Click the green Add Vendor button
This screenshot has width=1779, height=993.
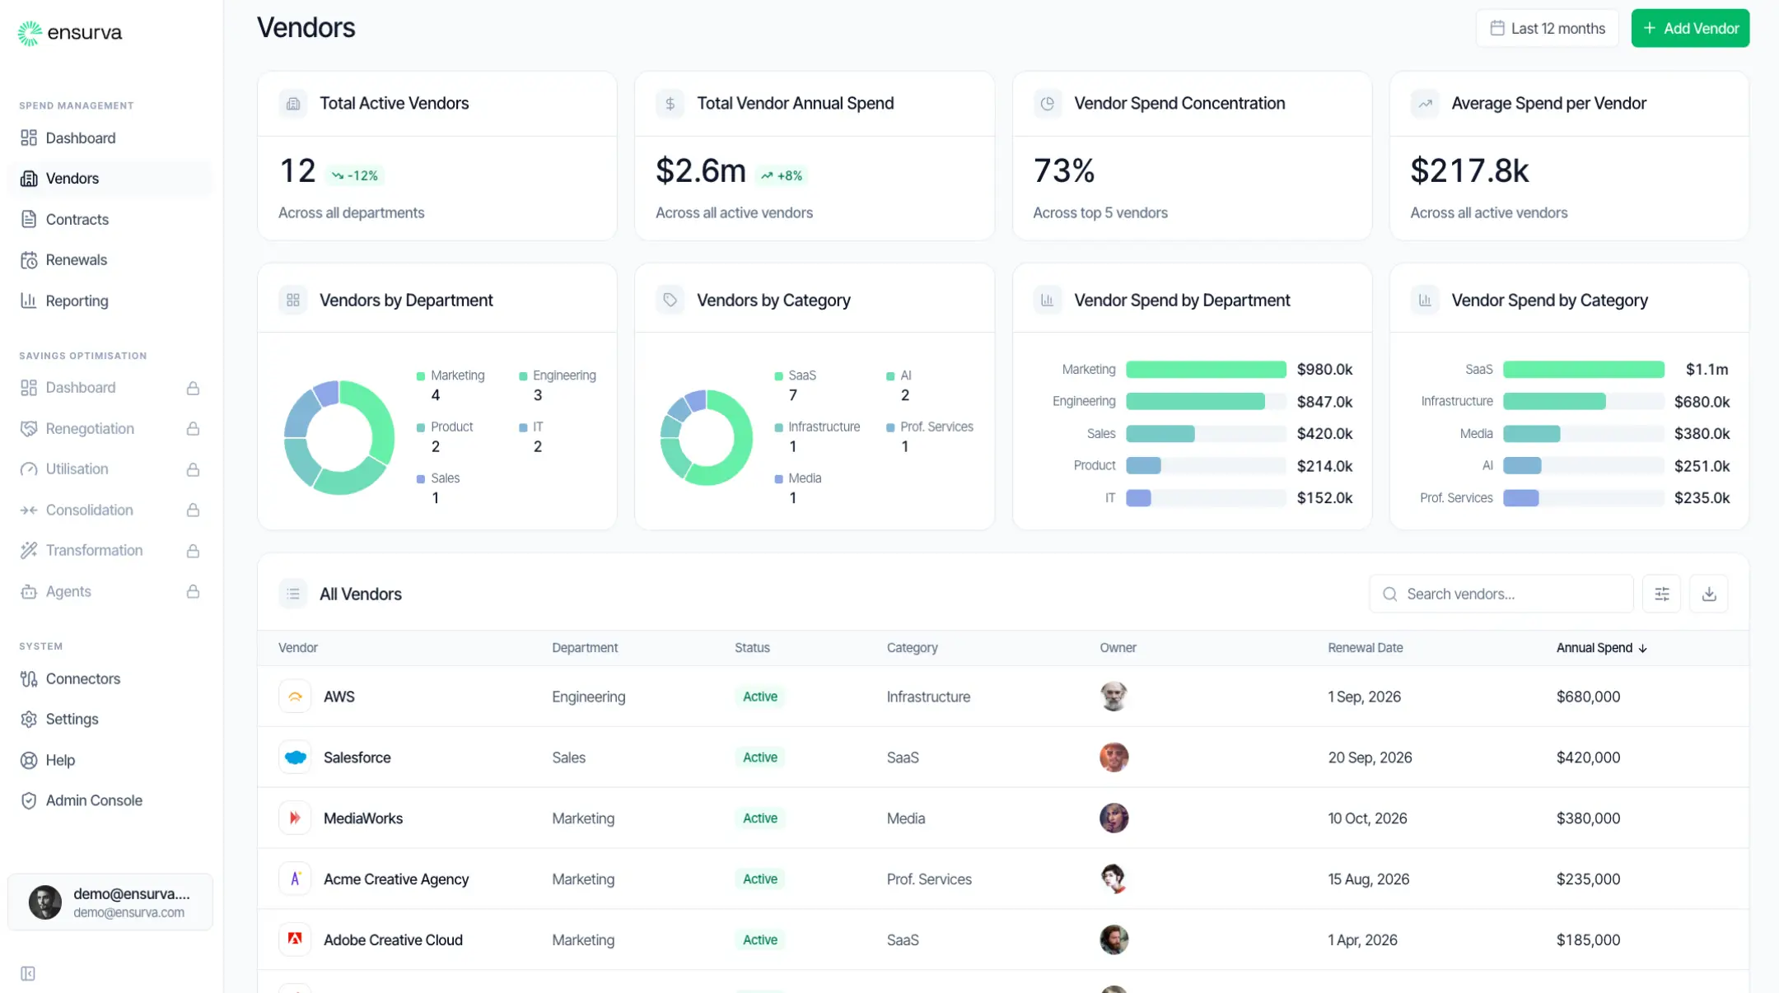pyautogui.click(x=1690, y=28)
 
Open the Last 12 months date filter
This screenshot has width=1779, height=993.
pyautogui.click(x=1547, y=28)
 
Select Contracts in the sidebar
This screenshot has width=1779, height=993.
pyautogui.click(x=77, y=219)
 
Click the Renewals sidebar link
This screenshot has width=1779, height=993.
pyautogui.click(x=76, y=260)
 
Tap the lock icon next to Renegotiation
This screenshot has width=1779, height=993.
pyautogui.click(x=193, y=429)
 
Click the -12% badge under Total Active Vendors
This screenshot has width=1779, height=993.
pyautogui.click(x=355, y=175)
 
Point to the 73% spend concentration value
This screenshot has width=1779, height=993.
pyautogui.click(x=1063, y=170)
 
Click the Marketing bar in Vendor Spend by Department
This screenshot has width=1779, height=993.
pyautogui.click(x=1205, y=370)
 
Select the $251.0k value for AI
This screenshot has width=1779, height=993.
pyautogui.click(x=1701, y=466)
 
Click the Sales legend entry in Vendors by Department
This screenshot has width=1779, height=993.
pyautogui.click(x=444, y=478)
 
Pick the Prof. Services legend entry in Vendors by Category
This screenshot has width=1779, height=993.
pyautogui.click(x=935, y=427)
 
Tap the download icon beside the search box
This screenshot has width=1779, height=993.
pyautogui.click(x=1709, y=594)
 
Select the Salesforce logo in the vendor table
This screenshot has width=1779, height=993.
pyautogui.click(x=295, y=758)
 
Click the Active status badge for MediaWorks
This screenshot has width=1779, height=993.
pyautogui.click(x=759, y=818)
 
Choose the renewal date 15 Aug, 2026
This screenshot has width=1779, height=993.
pyautogui.click(x=1368, y=879)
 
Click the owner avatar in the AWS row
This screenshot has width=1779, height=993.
pyautogui.click(x=1114, y=697)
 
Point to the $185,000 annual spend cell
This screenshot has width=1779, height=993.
pyautogui.click(x=1587, y=940)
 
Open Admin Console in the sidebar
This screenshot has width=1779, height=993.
pyautogui.click(x=93, y=800)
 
